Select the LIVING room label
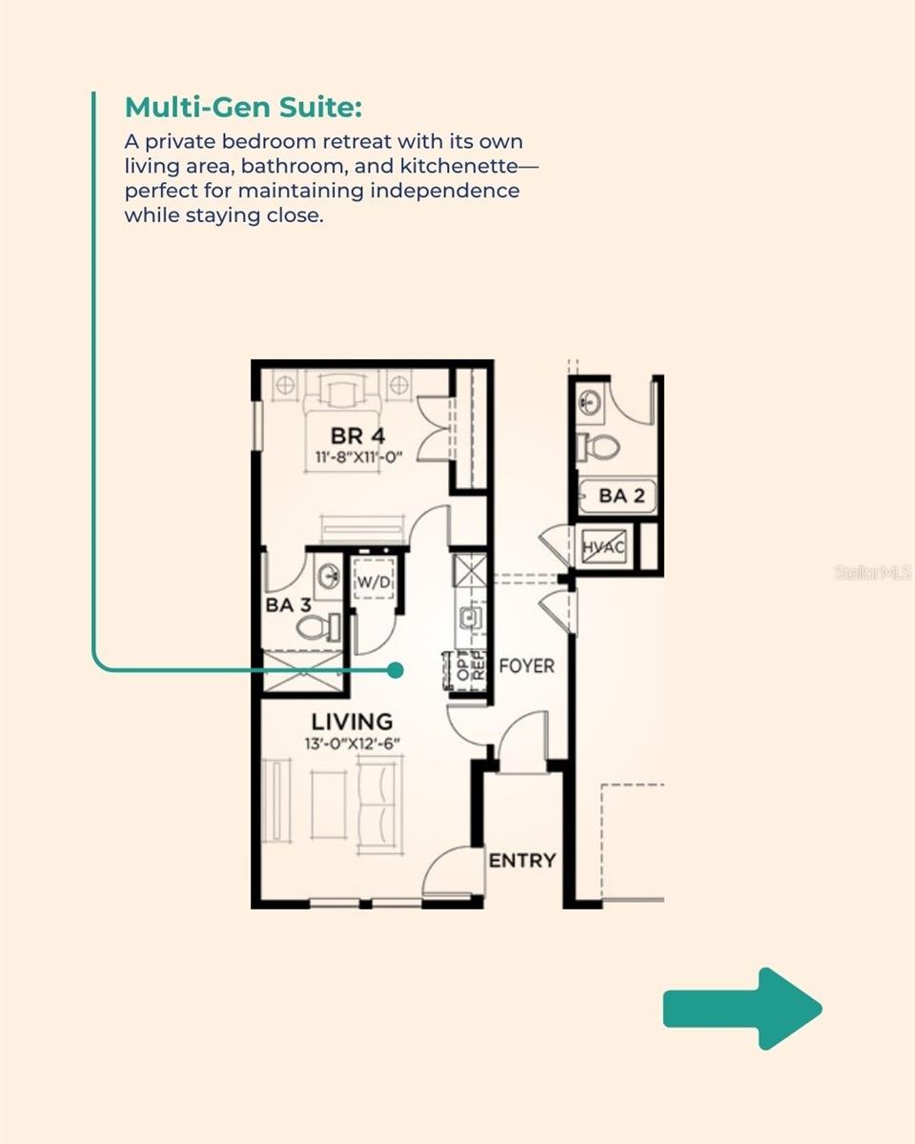coord(352,722)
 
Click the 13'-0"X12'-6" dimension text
coord(352,744)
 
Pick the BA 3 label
coord(288,604)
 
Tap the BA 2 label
coord(620,497)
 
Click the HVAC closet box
coord(604,547)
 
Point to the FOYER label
coord(526,666)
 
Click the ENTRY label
coord(522,861)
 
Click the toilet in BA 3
coord(318,627)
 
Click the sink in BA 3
coord(329,575)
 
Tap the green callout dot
coord(396,670)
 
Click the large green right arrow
coord(742,1009)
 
